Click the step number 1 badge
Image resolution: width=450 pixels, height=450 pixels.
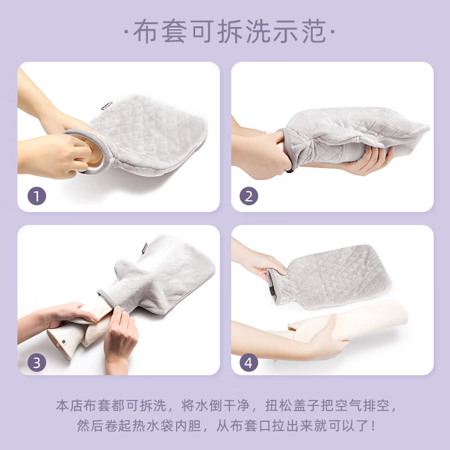pyautogui.click(x=37, y=197)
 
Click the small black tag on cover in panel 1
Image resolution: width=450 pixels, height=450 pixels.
pyautogui.click(x=108, y=106)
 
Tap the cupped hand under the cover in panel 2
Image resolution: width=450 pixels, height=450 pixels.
pyautogui.click(x=368, y=160)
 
